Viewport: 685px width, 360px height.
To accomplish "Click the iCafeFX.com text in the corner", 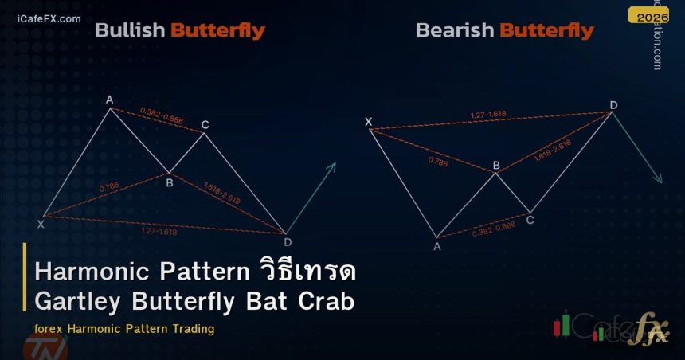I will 48,18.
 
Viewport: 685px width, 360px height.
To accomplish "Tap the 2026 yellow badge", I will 648,15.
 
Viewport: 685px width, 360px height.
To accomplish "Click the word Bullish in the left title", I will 130,31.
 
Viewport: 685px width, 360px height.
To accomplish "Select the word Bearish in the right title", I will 455,31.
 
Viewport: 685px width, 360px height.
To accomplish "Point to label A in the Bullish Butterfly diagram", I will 110,100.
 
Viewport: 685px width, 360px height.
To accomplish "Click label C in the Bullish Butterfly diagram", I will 205,124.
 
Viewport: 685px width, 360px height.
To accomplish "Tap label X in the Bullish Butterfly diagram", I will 41,225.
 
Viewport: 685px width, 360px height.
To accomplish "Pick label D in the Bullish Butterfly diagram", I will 287,241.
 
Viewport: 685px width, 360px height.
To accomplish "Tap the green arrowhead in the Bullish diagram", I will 332,166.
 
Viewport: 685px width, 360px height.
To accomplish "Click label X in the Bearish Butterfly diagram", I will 368,122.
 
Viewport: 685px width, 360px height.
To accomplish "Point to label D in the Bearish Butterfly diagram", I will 613,105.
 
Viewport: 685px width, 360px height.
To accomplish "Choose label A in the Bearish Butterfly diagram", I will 436,246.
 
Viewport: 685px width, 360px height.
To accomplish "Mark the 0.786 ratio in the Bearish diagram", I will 438,161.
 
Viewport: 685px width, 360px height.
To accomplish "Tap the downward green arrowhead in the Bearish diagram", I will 658,179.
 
